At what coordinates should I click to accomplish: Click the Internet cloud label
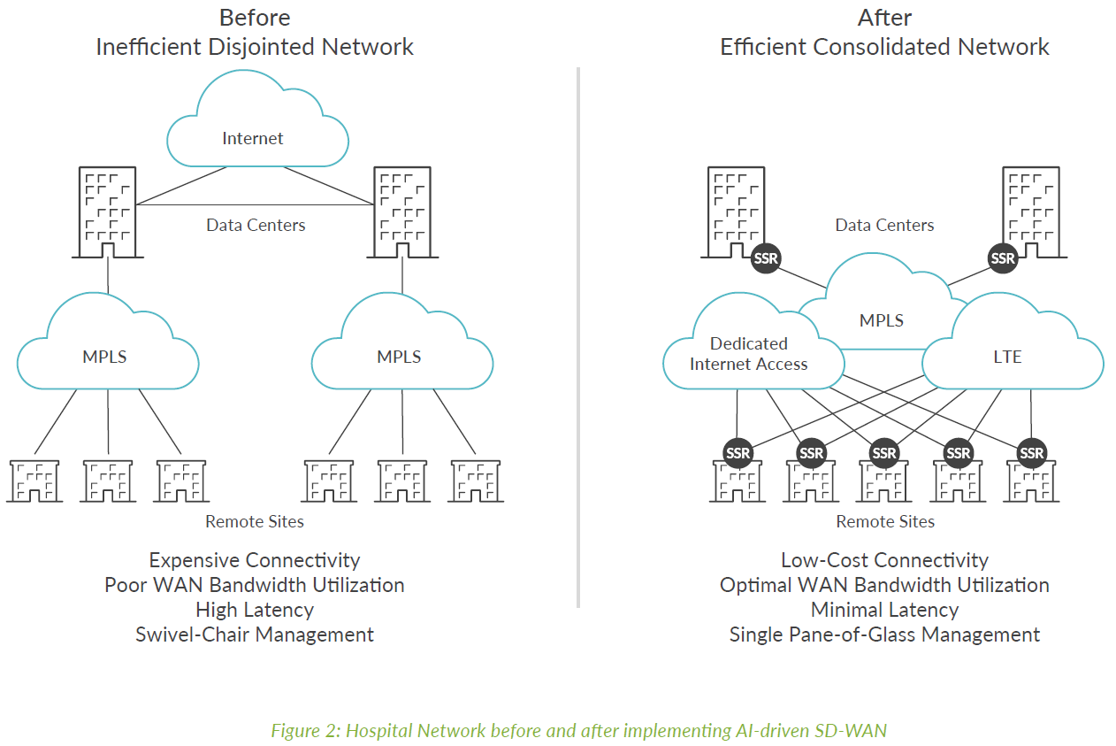click(253, 138)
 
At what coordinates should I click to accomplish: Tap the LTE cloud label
click(1007, 357)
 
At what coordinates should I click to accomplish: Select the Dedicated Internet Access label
click(748, 353)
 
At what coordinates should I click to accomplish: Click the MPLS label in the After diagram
click(882, 319)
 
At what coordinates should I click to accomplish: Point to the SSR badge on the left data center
click(766, 258)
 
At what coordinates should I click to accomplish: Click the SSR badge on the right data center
click(1003, 258)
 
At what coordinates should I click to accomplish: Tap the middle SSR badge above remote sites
click(884, 453)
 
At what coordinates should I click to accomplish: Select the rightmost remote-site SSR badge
click(1031, 453)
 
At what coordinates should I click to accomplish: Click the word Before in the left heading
click(255, 18)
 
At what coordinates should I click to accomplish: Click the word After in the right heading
click(884, 18)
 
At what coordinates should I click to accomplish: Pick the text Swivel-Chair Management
click(255, 634)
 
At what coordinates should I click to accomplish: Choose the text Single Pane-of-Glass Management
click(884, 634)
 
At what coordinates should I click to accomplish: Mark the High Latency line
click(255, 610)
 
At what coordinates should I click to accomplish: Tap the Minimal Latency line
click(884, 610)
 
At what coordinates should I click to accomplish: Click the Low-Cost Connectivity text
click(884, 560)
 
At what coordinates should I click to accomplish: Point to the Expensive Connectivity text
click(255, 560)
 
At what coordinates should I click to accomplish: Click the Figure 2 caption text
click(578, 730)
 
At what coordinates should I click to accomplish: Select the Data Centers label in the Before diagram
click(256, 225)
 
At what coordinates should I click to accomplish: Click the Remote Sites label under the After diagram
click(885, 521)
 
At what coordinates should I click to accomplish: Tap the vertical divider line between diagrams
click(578, 336)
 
